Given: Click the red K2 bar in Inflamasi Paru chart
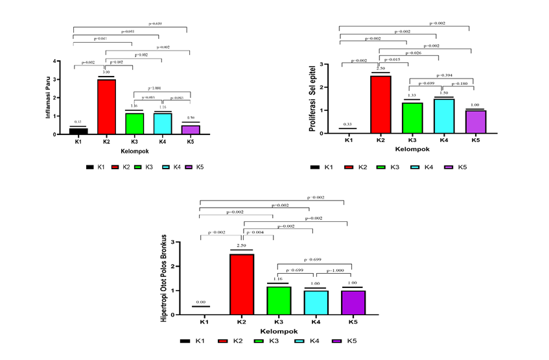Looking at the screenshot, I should pyautogui.click(x=106, y=106).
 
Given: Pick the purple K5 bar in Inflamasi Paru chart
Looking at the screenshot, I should pyautogui.click(x=190, y=130).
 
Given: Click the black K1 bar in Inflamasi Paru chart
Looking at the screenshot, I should pyautogui.click(x=78, y=131).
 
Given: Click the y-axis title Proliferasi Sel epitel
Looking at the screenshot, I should pyautogui.click(x=313, y=97).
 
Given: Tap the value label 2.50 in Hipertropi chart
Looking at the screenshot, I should pyautogui.click(x=241, y=246).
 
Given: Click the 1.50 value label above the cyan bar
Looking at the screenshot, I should pyautogui.click(x=444, y=93).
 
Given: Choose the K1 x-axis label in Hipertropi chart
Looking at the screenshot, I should pyautogui.click(x=205, y=321).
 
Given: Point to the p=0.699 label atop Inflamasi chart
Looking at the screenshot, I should pyautogui.click(x=157, y=23).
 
